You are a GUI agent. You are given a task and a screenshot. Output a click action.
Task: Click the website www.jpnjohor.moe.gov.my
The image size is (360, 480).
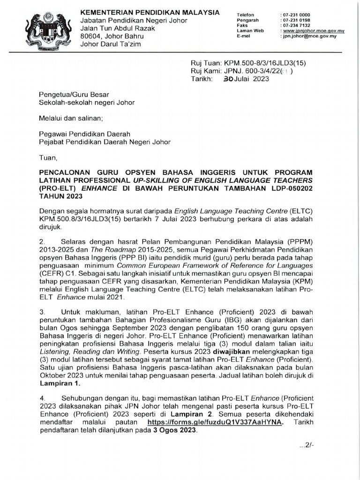(x=313, y=30)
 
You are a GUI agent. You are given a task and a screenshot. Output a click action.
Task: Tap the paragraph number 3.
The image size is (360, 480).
(x=42, y=311)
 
